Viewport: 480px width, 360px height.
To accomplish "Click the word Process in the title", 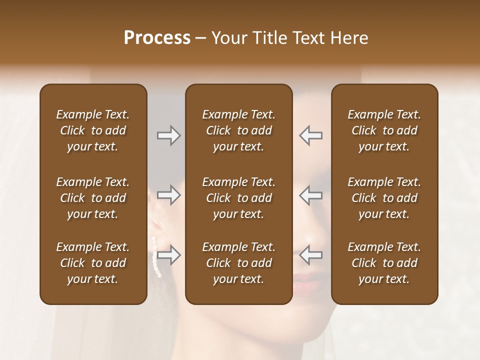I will [x=157, y=38].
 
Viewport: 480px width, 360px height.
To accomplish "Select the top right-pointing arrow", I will [x=168, y=135].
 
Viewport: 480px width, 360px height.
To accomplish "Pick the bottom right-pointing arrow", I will [x=168, y=255].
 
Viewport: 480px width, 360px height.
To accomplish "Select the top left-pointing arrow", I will [x=311, y=135].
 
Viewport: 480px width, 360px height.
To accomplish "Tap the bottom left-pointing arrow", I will [x=311, y=255].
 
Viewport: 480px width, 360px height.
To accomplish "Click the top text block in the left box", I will [x=93, y=130].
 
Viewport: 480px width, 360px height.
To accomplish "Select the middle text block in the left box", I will [x=93, y=198].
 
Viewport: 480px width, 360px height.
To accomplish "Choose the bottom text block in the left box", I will [x=93, y=263].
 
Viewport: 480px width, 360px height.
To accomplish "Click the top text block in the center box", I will [x=239, y=130].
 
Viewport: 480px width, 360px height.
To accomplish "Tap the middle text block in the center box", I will [x=239, y=198].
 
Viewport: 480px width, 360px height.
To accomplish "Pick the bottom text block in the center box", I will [x=239, y=263].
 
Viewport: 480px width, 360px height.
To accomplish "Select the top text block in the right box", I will [x=384, y=130].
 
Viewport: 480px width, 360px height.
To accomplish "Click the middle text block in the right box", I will [x=384, y=198].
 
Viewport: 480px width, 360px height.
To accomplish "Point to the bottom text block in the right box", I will [x=384, y=263].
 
